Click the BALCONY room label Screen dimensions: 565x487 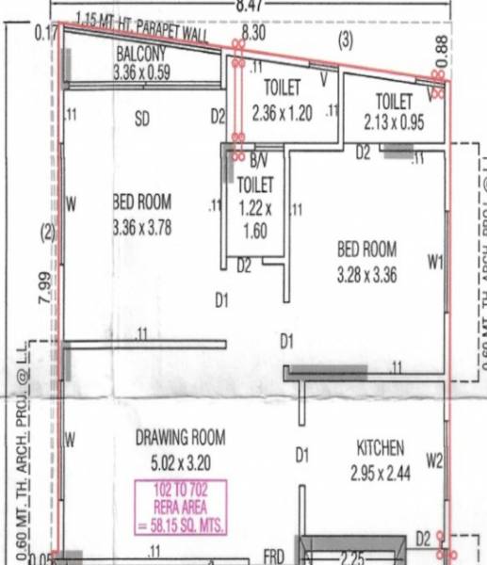141,54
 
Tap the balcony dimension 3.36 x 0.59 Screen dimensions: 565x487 141,72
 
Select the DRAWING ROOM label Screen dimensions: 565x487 180,437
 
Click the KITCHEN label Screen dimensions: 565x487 381,447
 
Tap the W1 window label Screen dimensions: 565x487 434,264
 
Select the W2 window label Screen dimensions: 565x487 434,460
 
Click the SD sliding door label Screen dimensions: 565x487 142,120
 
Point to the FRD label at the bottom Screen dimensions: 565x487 274,556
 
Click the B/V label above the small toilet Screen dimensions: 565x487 258,162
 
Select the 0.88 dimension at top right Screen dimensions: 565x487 442,43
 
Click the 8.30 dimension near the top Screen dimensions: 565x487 254,33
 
